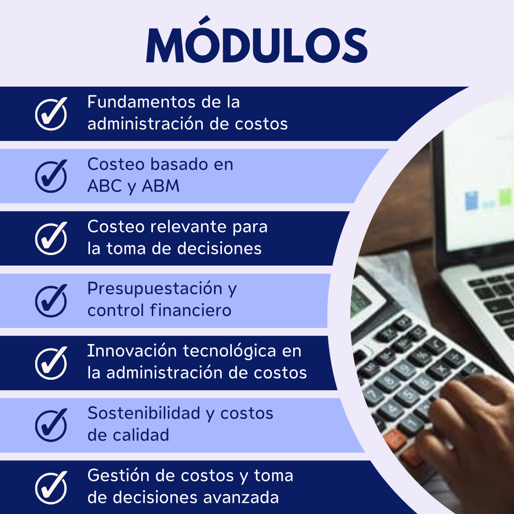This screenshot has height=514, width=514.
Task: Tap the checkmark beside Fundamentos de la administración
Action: tap(51, 114)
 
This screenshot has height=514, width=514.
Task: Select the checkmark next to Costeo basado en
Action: tap(51, 176)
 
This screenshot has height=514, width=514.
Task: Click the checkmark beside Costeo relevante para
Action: tap(51, 238)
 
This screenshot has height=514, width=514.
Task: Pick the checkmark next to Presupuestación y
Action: tap(51, 301)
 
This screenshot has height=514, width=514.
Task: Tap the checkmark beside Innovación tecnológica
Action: tap(51, 363)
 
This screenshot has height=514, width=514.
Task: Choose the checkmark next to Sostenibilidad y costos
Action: tap(51, 425)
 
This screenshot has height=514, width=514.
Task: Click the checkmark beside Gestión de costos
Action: tap(51, 487)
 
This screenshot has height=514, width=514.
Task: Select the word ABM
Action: tap(161, 186)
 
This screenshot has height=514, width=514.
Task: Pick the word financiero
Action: tap(191, 310)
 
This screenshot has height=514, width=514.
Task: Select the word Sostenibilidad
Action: tap(144, 413)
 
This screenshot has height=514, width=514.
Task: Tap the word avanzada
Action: tap(241, 498)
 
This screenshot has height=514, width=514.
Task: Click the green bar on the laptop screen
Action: tap(505, 197)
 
